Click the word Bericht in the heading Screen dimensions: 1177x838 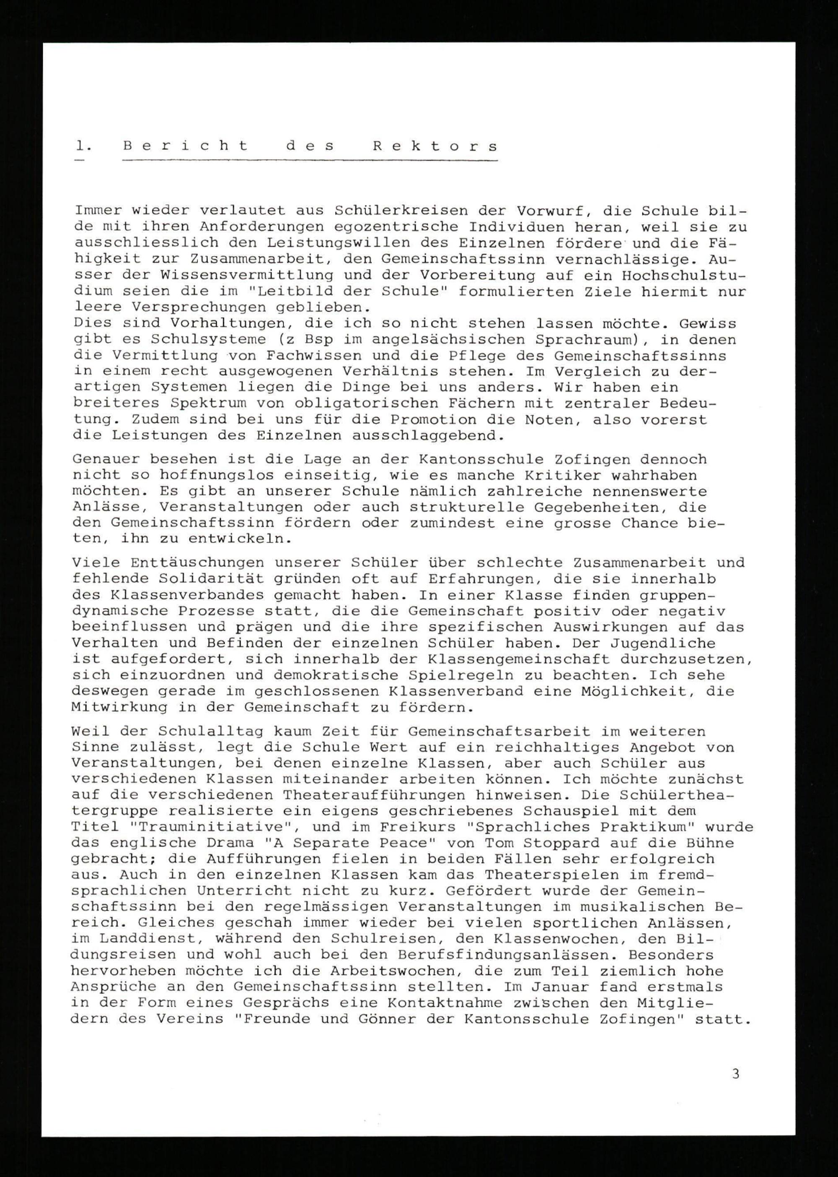tap(185, 146)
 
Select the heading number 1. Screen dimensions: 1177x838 tap(83, 146)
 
